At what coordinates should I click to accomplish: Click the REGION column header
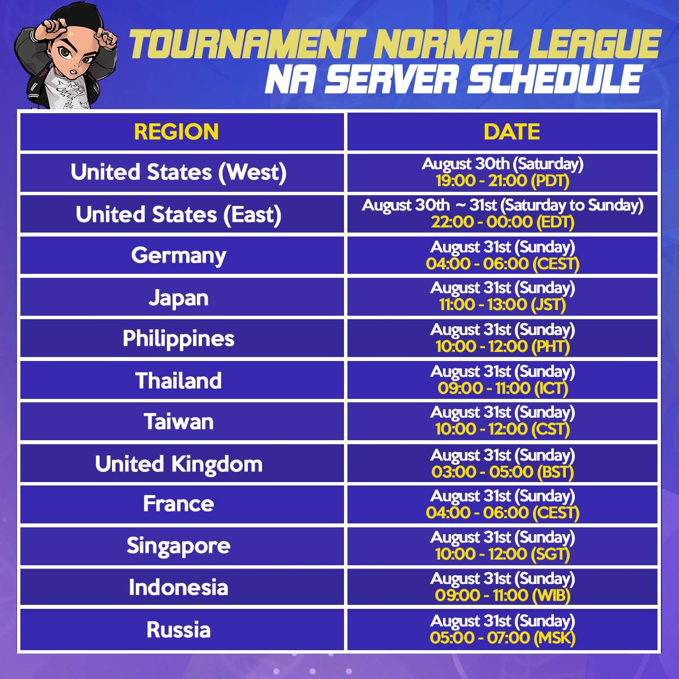176,132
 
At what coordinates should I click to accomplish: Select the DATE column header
512,132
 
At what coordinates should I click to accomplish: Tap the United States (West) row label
179,173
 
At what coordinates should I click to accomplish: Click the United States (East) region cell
179,214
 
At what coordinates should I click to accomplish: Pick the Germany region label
179,256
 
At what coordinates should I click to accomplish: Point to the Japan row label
179,298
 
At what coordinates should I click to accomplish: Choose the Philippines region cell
179,339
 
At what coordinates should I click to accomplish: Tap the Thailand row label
179,381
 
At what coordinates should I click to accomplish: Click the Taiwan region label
179,422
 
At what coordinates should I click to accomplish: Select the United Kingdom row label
179,464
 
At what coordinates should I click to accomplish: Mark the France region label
179,504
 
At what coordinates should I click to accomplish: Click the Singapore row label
179,546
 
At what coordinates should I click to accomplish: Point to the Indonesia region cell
179,588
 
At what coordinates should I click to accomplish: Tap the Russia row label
179,630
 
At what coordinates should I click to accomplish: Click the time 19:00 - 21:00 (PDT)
502,181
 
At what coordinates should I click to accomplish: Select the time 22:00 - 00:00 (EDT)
502,222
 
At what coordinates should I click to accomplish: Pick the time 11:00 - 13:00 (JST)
502,305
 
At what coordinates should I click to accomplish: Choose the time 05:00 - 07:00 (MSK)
502,638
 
